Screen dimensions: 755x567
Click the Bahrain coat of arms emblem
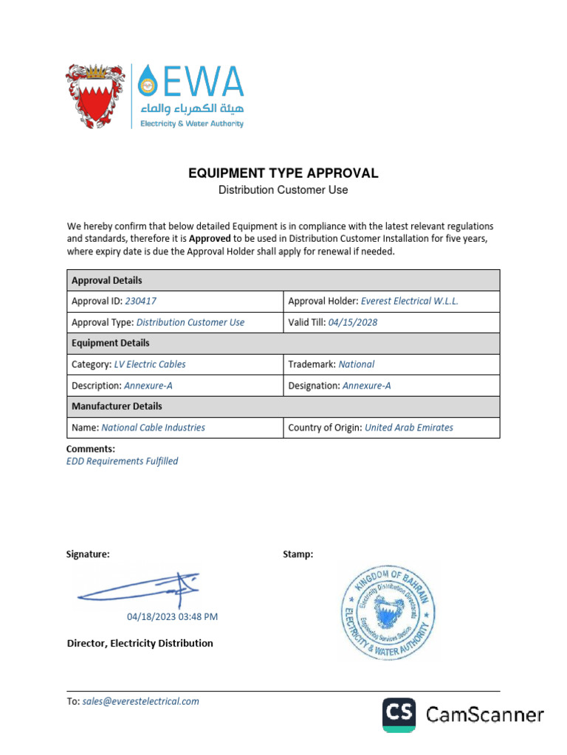(x=96, y=96)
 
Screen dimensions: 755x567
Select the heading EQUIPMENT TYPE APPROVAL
(x=283, y=173)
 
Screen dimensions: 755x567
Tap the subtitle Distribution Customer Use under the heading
(x=283, y=190)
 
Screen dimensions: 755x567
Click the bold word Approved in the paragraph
(x=210, y=239)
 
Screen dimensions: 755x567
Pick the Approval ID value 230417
(x=141, y=302)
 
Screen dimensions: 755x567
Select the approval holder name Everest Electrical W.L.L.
(x=410, y=302)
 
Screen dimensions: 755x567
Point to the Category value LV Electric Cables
(x=150, y=364)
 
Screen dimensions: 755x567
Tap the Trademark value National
(x=357, y=364)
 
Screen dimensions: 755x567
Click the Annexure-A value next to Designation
(x=367, y=386)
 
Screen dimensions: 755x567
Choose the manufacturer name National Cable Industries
(x=154, y=428)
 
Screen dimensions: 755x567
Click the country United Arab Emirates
(x=409, y=428)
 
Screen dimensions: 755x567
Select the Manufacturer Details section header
(x=117, y=406)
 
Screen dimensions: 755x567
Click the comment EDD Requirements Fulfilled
(x=123, y=462)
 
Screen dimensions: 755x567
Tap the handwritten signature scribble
(x=140, y=591)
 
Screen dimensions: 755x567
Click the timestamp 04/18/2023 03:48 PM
(x=173, y=617)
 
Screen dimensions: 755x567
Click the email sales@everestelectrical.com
(x=141, y=702)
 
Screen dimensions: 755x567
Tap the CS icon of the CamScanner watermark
(x=399, y=714)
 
